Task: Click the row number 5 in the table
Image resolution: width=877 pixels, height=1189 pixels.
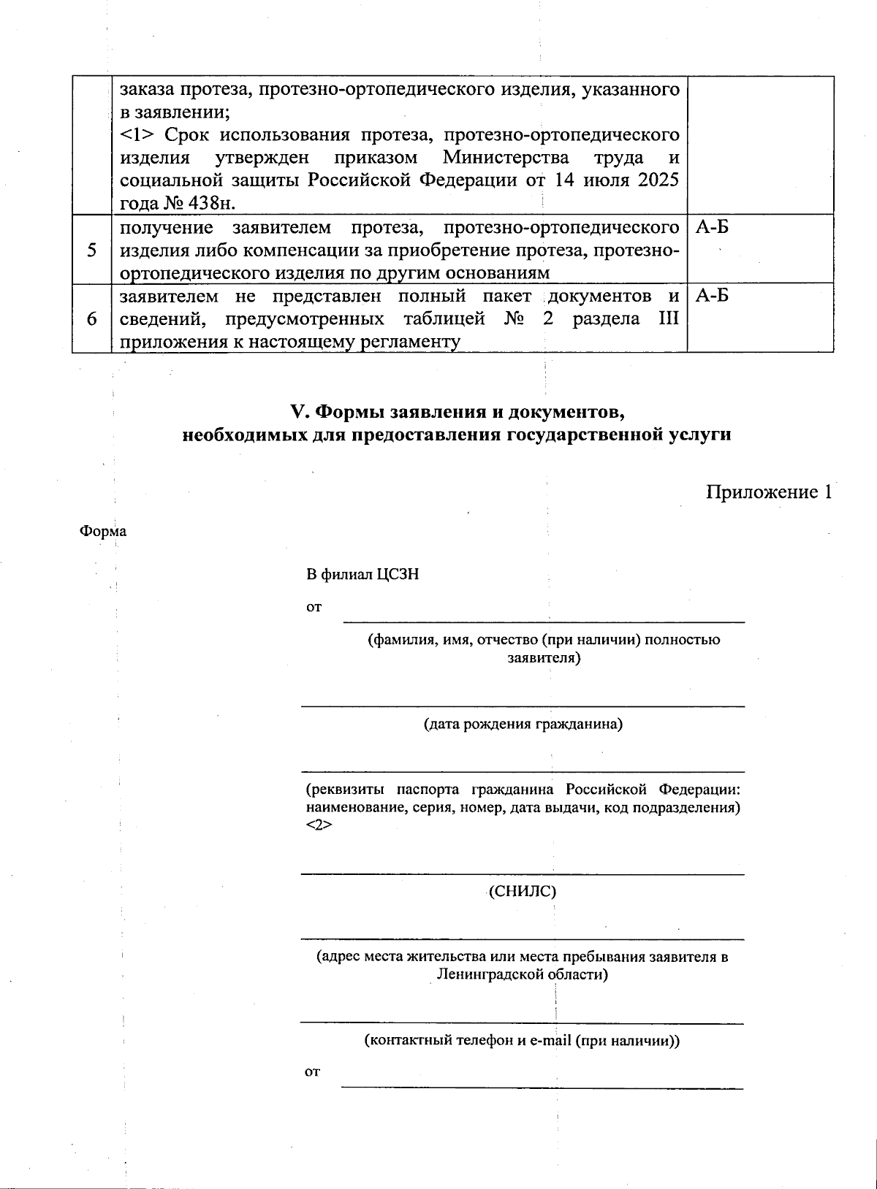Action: (91, 251)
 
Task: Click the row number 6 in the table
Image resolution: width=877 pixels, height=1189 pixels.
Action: (91, 319)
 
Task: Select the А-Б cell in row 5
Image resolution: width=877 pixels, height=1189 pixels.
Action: (712, 228)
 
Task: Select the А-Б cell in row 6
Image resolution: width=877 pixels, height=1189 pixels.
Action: (712, 297)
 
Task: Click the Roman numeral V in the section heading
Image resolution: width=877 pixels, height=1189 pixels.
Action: (297, 412)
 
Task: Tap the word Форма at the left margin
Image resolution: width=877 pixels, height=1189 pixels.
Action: (102, 531)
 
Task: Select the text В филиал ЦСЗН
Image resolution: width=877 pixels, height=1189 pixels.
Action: (362, 575)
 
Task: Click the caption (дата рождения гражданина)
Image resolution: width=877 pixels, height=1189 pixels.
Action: (523, 725)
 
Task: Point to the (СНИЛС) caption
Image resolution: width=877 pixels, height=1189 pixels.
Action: (523, 891)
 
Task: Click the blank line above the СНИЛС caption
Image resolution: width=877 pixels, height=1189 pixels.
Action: (523, 873)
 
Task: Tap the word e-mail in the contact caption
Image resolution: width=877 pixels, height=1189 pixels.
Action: (545, 1041)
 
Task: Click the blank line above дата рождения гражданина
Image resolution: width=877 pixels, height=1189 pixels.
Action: (523, 706)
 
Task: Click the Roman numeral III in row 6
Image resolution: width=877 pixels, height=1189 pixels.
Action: (669, 319)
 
